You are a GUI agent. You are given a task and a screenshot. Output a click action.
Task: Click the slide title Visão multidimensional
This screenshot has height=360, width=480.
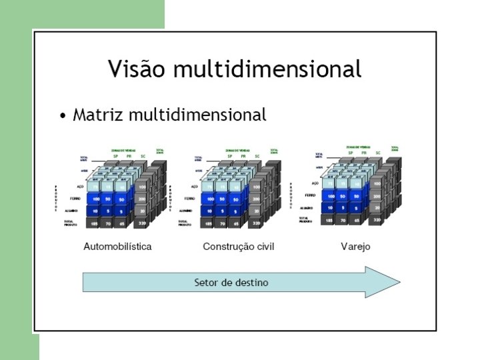[235, 69]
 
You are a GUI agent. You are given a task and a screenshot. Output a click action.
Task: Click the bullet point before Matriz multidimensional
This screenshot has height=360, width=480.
[62, 117]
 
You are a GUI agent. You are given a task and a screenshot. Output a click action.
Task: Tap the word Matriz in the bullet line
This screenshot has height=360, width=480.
[98, 115]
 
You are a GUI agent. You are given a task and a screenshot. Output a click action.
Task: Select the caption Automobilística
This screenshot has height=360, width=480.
[117, 247]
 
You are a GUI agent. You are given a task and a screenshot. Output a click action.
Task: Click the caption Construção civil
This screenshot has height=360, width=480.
[238, 247]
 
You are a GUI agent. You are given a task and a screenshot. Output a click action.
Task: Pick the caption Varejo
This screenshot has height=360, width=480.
[355, 247]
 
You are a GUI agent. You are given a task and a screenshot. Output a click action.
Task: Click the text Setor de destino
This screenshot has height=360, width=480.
[231, 283]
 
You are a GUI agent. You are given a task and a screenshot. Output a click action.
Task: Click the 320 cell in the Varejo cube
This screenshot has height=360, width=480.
[377, 219]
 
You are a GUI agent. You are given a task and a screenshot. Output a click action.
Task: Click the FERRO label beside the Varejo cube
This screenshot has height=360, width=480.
[310, 195]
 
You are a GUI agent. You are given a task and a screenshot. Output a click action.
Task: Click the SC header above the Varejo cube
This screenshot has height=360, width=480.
[378, 153]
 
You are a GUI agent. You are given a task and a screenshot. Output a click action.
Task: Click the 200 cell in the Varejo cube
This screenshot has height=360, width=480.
[377, 197]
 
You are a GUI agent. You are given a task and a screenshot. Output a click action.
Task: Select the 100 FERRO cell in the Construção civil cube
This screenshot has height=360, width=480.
[211, 199]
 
